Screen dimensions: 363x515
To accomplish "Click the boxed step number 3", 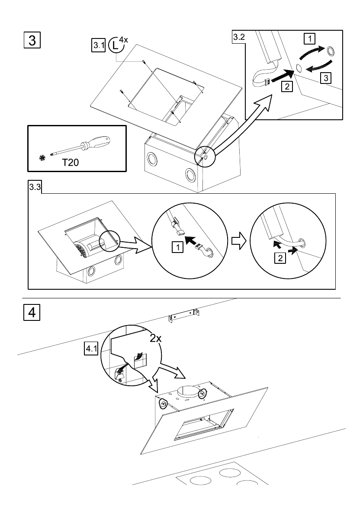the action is click(32, 40).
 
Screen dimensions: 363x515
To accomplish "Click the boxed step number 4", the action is click(32, 312).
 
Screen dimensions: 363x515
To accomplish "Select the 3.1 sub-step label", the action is click(98, 45).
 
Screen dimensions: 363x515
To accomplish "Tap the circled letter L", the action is click(115, 45).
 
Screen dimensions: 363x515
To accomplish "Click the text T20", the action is click(71, 162).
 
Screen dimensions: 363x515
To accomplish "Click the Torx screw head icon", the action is click(42, 158).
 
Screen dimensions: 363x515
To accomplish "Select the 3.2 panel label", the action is click(239, 37).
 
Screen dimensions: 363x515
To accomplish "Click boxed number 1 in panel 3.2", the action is click(309, 39).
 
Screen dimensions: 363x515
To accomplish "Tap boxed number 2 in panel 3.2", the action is click(287, 86).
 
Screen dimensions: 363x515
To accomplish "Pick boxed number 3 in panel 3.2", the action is click(325, 78).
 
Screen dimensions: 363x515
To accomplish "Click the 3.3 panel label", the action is click(35, 187).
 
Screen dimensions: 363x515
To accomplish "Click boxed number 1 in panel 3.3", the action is click(178, 247).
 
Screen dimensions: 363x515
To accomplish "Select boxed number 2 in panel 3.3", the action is click(280, 258).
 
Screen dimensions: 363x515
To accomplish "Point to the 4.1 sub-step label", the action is click(91, 349).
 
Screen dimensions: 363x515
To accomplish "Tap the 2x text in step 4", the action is click(156, 338).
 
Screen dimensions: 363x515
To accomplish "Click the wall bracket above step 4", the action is click(184, 315).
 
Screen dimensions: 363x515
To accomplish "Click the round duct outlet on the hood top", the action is click(189, 392).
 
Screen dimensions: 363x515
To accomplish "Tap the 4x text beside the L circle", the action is click(123, 40).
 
